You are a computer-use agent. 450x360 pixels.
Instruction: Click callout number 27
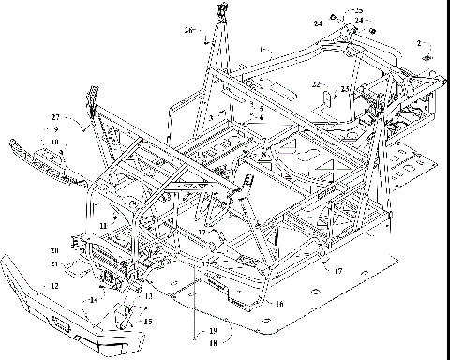point(55,116)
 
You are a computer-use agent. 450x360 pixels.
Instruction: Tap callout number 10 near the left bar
point(56,141)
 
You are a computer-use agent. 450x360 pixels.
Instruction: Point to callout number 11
point(101,226)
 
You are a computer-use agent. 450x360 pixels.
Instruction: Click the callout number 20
point(55,250)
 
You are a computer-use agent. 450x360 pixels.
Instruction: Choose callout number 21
point(55,264)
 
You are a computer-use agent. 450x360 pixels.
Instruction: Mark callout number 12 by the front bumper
point(55,284)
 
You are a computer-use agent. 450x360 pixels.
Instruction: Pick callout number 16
point(280,304)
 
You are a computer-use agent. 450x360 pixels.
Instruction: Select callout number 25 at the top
point(361,9)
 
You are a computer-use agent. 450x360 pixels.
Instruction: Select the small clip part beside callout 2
point(426,56)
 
